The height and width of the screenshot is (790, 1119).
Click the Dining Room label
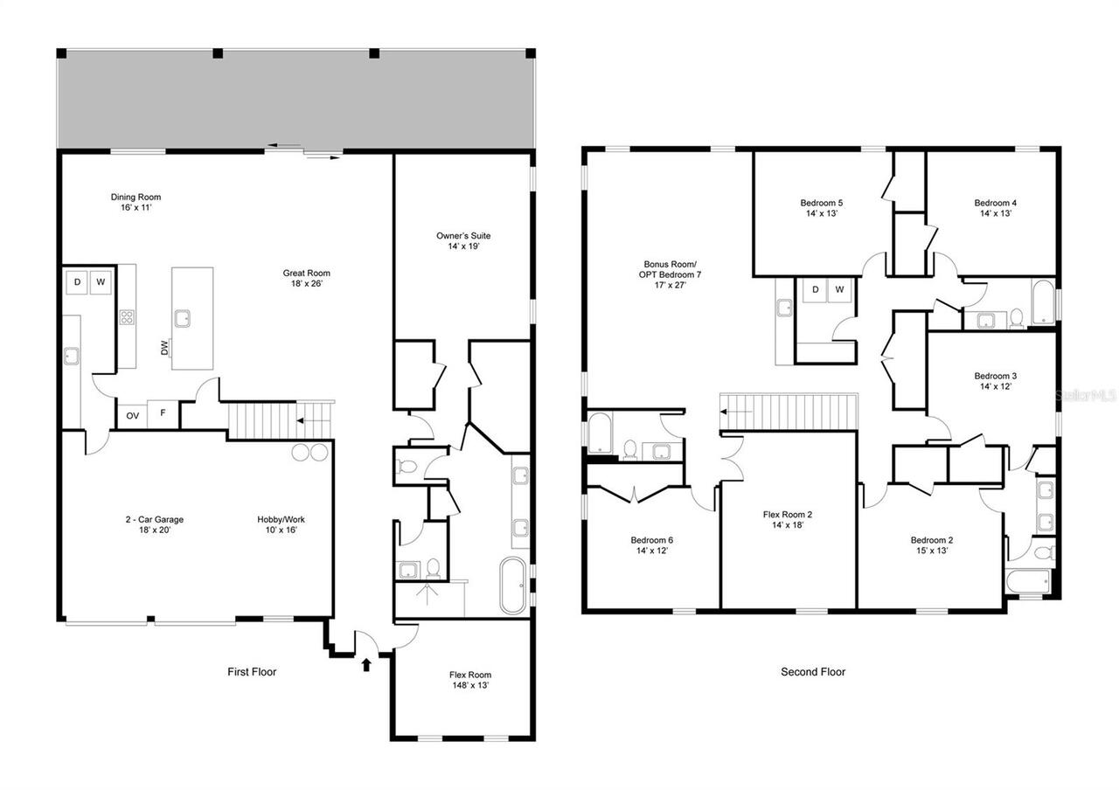pos(136,203)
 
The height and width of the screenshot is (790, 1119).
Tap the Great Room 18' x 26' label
pos(300,278)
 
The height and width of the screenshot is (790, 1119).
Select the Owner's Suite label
pos(463,241)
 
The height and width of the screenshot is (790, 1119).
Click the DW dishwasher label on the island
pos(164,348)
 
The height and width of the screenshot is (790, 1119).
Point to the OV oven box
pos(132,416)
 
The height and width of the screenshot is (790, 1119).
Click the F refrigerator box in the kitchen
pos(163,415)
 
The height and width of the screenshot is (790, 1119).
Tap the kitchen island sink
pos(183,318)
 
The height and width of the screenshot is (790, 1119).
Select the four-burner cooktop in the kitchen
pos(127,317)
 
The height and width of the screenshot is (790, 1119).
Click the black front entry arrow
pos(366,665)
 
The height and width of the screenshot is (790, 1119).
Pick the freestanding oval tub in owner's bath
pos(513,586)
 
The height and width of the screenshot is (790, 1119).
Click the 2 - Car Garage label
pos(154,524)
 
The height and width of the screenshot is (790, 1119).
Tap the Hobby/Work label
pos(281,524)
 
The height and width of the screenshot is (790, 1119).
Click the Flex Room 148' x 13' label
pos(470,680)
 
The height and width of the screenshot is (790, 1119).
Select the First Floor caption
pos(252,672)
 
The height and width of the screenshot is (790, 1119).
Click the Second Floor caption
pos(813,672)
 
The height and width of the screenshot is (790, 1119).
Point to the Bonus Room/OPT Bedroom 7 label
pos(672,274)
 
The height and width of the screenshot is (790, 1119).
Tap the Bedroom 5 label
pos(822,208)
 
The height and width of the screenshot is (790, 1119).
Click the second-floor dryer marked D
pos(815,289)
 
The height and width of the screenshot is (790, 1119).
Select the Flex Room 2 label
pos(788,519)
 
